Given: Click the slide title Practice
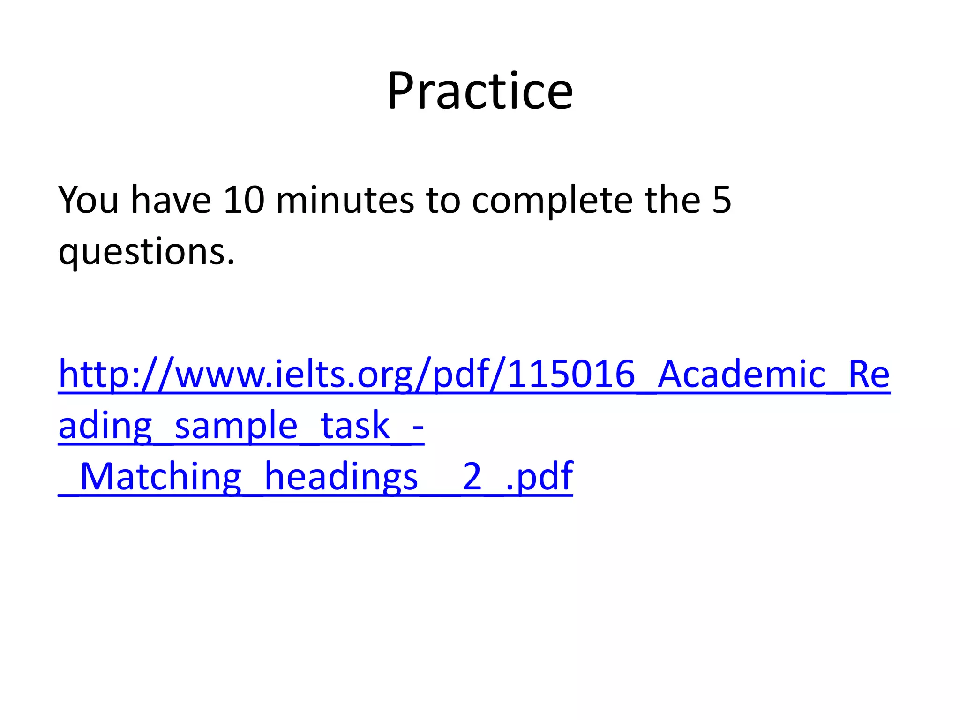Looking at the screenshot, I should [x=480, y=91].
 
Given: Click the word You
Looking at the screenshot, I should [x=88, y=201].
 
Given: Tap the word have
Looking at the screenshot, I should [x=171, y=201].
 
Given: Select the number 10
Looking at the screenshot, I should [x=244, y=201].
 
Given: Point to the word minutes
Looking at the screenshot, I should [x=345, y=201].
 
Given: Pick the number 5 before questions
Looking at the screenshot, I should [x=721, y=201].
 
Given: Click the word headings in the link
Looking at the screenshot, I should [x=341, y=477].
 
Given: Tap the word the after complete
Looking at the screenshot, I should [x=672, y=201].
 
